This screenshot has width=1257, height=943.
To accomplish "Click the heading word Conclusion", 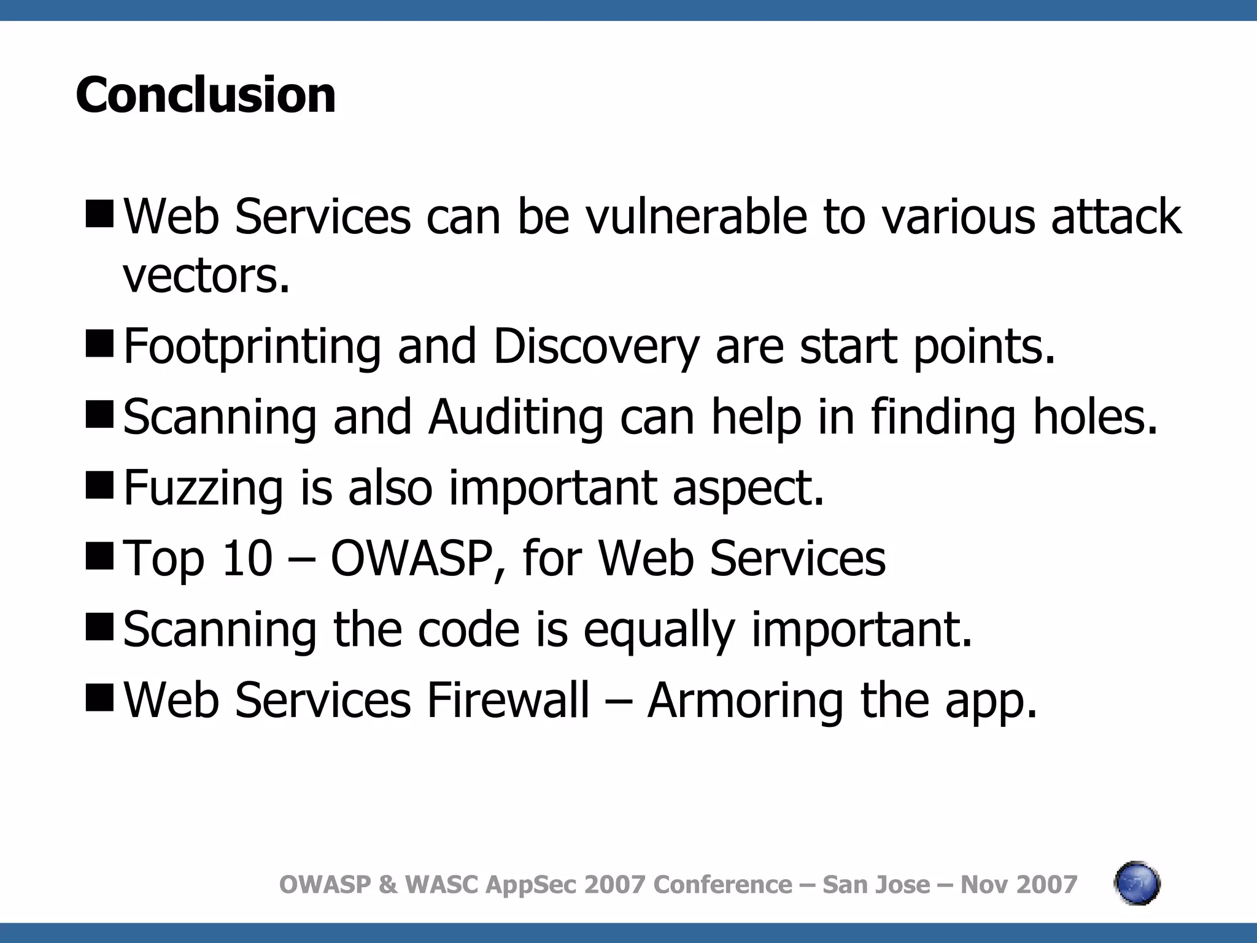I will tap(206, 95).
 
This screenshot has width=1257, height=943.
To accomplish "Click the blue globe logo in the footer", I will tap(1137, 883).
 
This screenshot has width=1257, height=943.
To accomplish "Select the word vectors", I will tap(206, 276).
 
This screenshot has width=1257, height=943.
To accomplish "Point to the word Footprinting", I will tap(252, 347).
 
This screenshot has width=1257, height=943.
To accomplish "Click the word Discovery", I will tap(596, 347).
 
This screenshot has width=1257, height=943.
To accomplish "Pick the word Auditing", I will tap(516, 417).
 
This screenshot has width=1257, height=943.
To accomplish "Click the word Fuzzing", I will tap(203, 488).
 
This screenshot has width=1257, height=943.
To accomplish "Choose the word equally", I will tap(659, 631).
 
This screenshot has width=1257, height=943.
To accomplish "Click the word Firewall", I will tap(508, 700).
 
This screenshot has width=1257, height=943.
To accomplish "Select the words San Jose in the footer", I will tap(876, 885).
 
